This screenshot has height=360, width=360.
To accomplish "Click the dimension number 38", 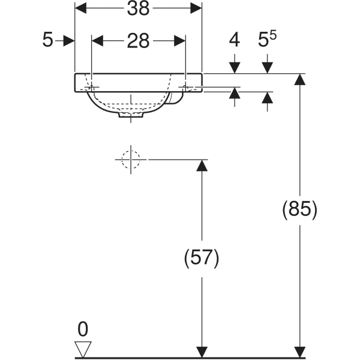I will tap(137, 8).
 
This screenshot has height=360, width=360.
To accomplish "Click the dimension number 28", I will tap(137, 41).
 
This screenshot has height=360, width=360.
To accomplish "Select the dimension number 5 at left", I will tap(47, 41).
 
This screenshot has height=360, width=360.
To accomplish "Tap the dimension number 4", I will tap(234, 41).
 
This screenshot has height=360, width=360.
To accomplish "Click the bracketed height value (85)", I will tap(299, 209).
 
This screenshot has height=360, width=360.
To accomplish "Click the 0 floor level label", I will tap(82, 328).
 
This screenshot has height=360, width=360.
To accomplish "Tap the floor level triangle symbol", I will tap(82, 349).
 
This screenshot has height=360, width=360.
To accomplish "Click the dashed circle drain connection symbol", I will tap(130, 160).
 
